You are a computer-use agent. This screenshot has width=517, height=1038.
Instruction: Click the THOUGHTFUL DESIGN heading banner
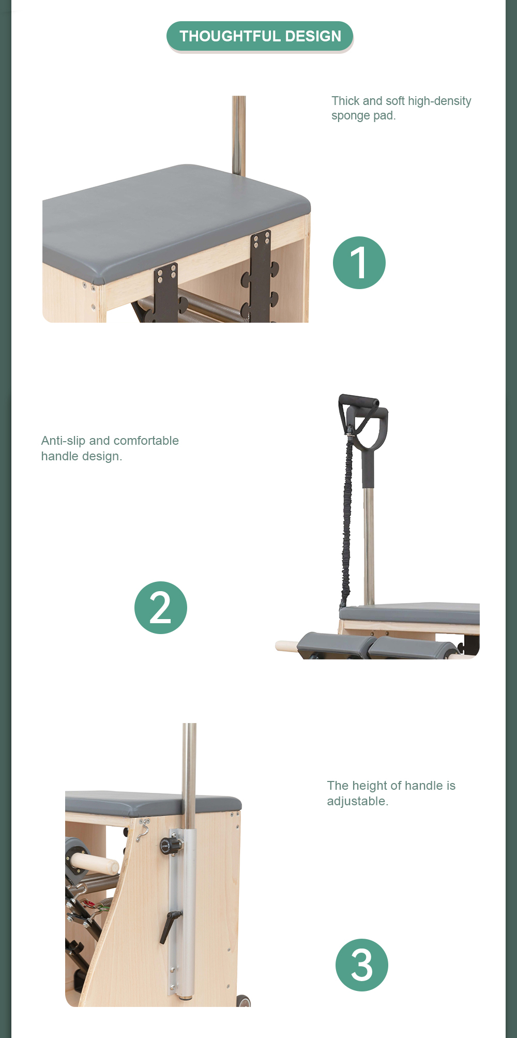260,36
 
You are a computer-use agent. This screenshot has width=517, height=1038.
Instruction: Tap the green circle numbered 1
359,263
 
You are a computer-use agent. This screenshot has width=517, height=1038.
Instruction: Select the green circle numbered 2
161,608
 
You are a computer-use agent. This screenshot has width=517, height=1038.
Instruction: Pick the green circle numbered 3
362,965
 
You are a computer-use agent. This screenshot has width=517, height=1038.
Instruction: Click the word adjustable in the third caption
357,801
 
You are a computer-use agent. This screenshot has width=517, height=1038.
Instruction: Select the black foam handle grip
358,401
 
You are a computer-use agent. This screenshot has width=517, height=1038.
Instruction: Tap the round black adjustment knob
170,846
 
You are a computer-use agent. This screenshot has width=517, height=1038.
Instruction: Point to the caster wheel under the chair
242,1001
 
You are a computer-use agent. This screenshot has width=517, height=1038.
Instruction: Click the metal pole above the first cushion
239,136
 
